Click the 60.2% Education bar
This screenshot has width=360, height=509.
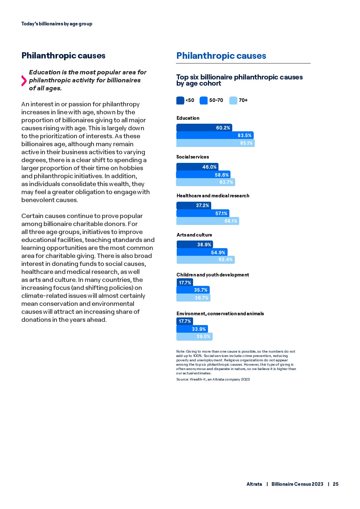[204, 128]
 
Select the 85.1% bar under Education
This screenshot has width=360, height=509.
[215, 143]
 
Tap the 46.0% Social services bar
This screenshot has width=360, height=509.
[197, 167]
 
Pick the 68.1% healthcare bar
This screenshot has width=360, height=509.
[208, 221]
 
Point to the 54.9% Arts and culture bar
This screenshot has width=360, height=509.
[202, 253]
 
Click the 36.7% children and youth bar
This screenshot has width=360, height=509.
[193, 298]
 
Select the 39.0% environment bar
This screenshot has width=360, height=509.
[194, 336]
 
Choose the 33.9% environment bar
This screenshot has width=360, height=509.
[192, 329]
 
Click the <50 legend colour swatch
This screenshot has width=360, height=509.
[180, 100]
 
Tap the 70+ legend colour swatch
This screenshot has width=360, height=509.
[233, 100]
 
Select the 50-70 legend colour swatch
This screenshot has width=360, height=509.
[204, 100]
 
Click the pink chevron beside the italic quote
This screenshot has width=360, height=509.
[24, 81]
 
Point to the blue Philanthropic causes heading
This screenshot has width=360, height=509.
[221, 56]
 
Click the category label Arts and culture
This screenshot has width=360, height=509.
[194, 235]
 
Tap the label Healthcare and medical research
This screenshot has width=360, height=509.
[213, 196]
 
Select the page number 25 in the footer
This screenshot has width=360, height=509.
[336, 484]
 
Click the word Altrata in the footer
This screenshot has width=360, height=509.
[254, 484]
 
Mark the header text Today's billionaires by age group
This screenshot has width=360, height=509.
[57, 24]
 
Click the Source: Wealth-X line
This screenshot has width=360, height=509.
[213, 379]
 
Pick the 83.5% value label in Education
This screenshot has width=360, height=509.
[244, 135]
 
